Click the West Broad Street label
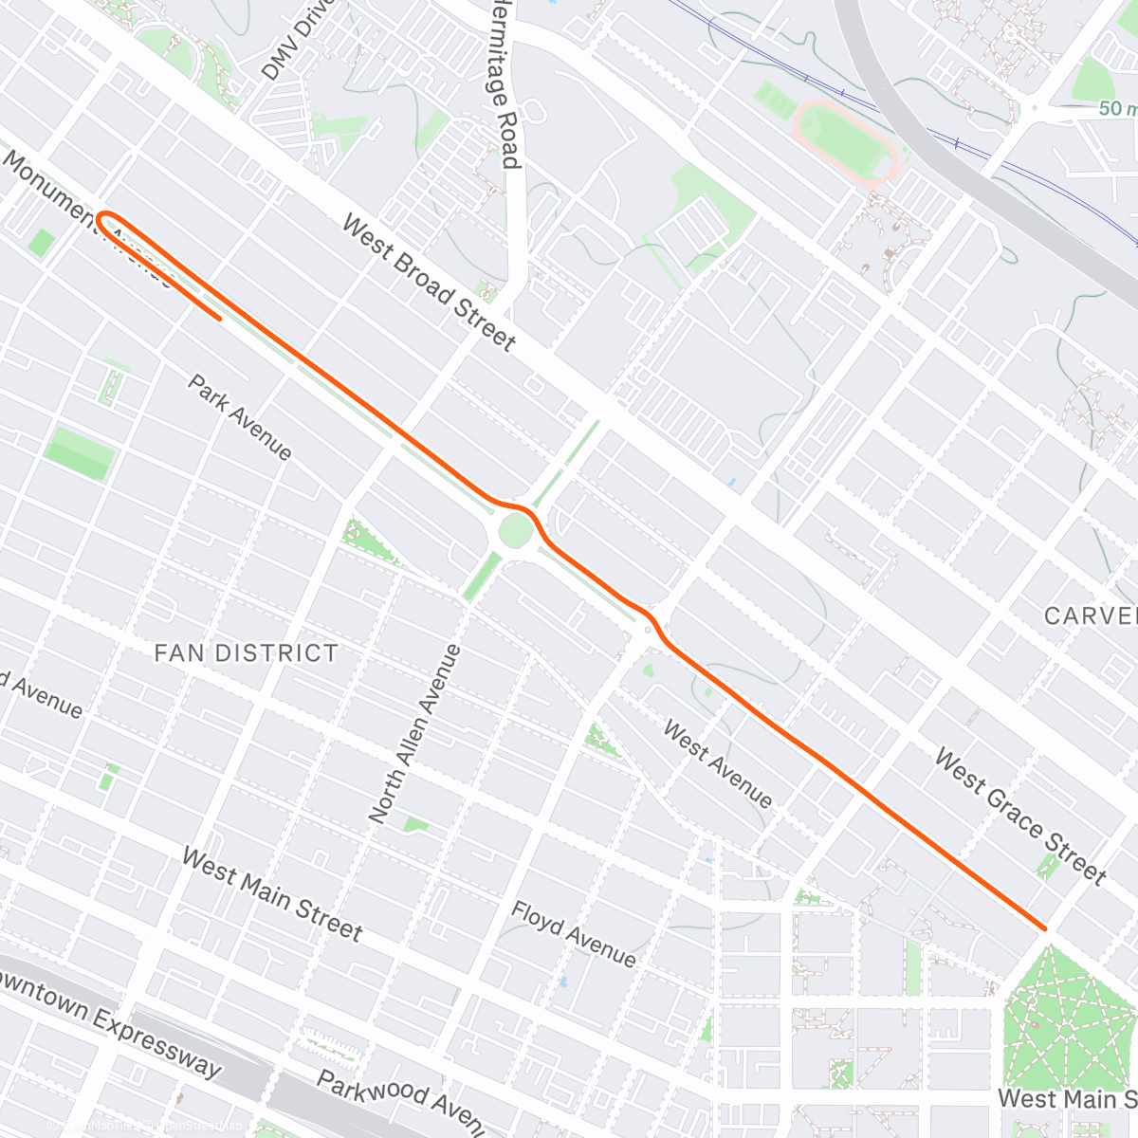click(429, 283)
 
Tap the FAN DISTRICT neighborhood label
click(246, 652)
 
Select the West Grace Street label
click(1020, 816)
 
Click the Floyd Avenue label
click(574, 933)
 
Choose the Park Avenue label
click(240, 416)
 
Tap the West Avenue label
click(717, 763)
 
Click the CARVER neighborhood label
click(1091, 615)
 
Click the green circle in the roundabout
click(515, 531)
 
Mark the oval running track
click(843, 139)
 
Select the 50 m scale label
click(1117, 108)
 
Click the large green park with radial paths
click(1066, 1029)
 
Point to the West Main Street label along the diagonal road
click(271, 894)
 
